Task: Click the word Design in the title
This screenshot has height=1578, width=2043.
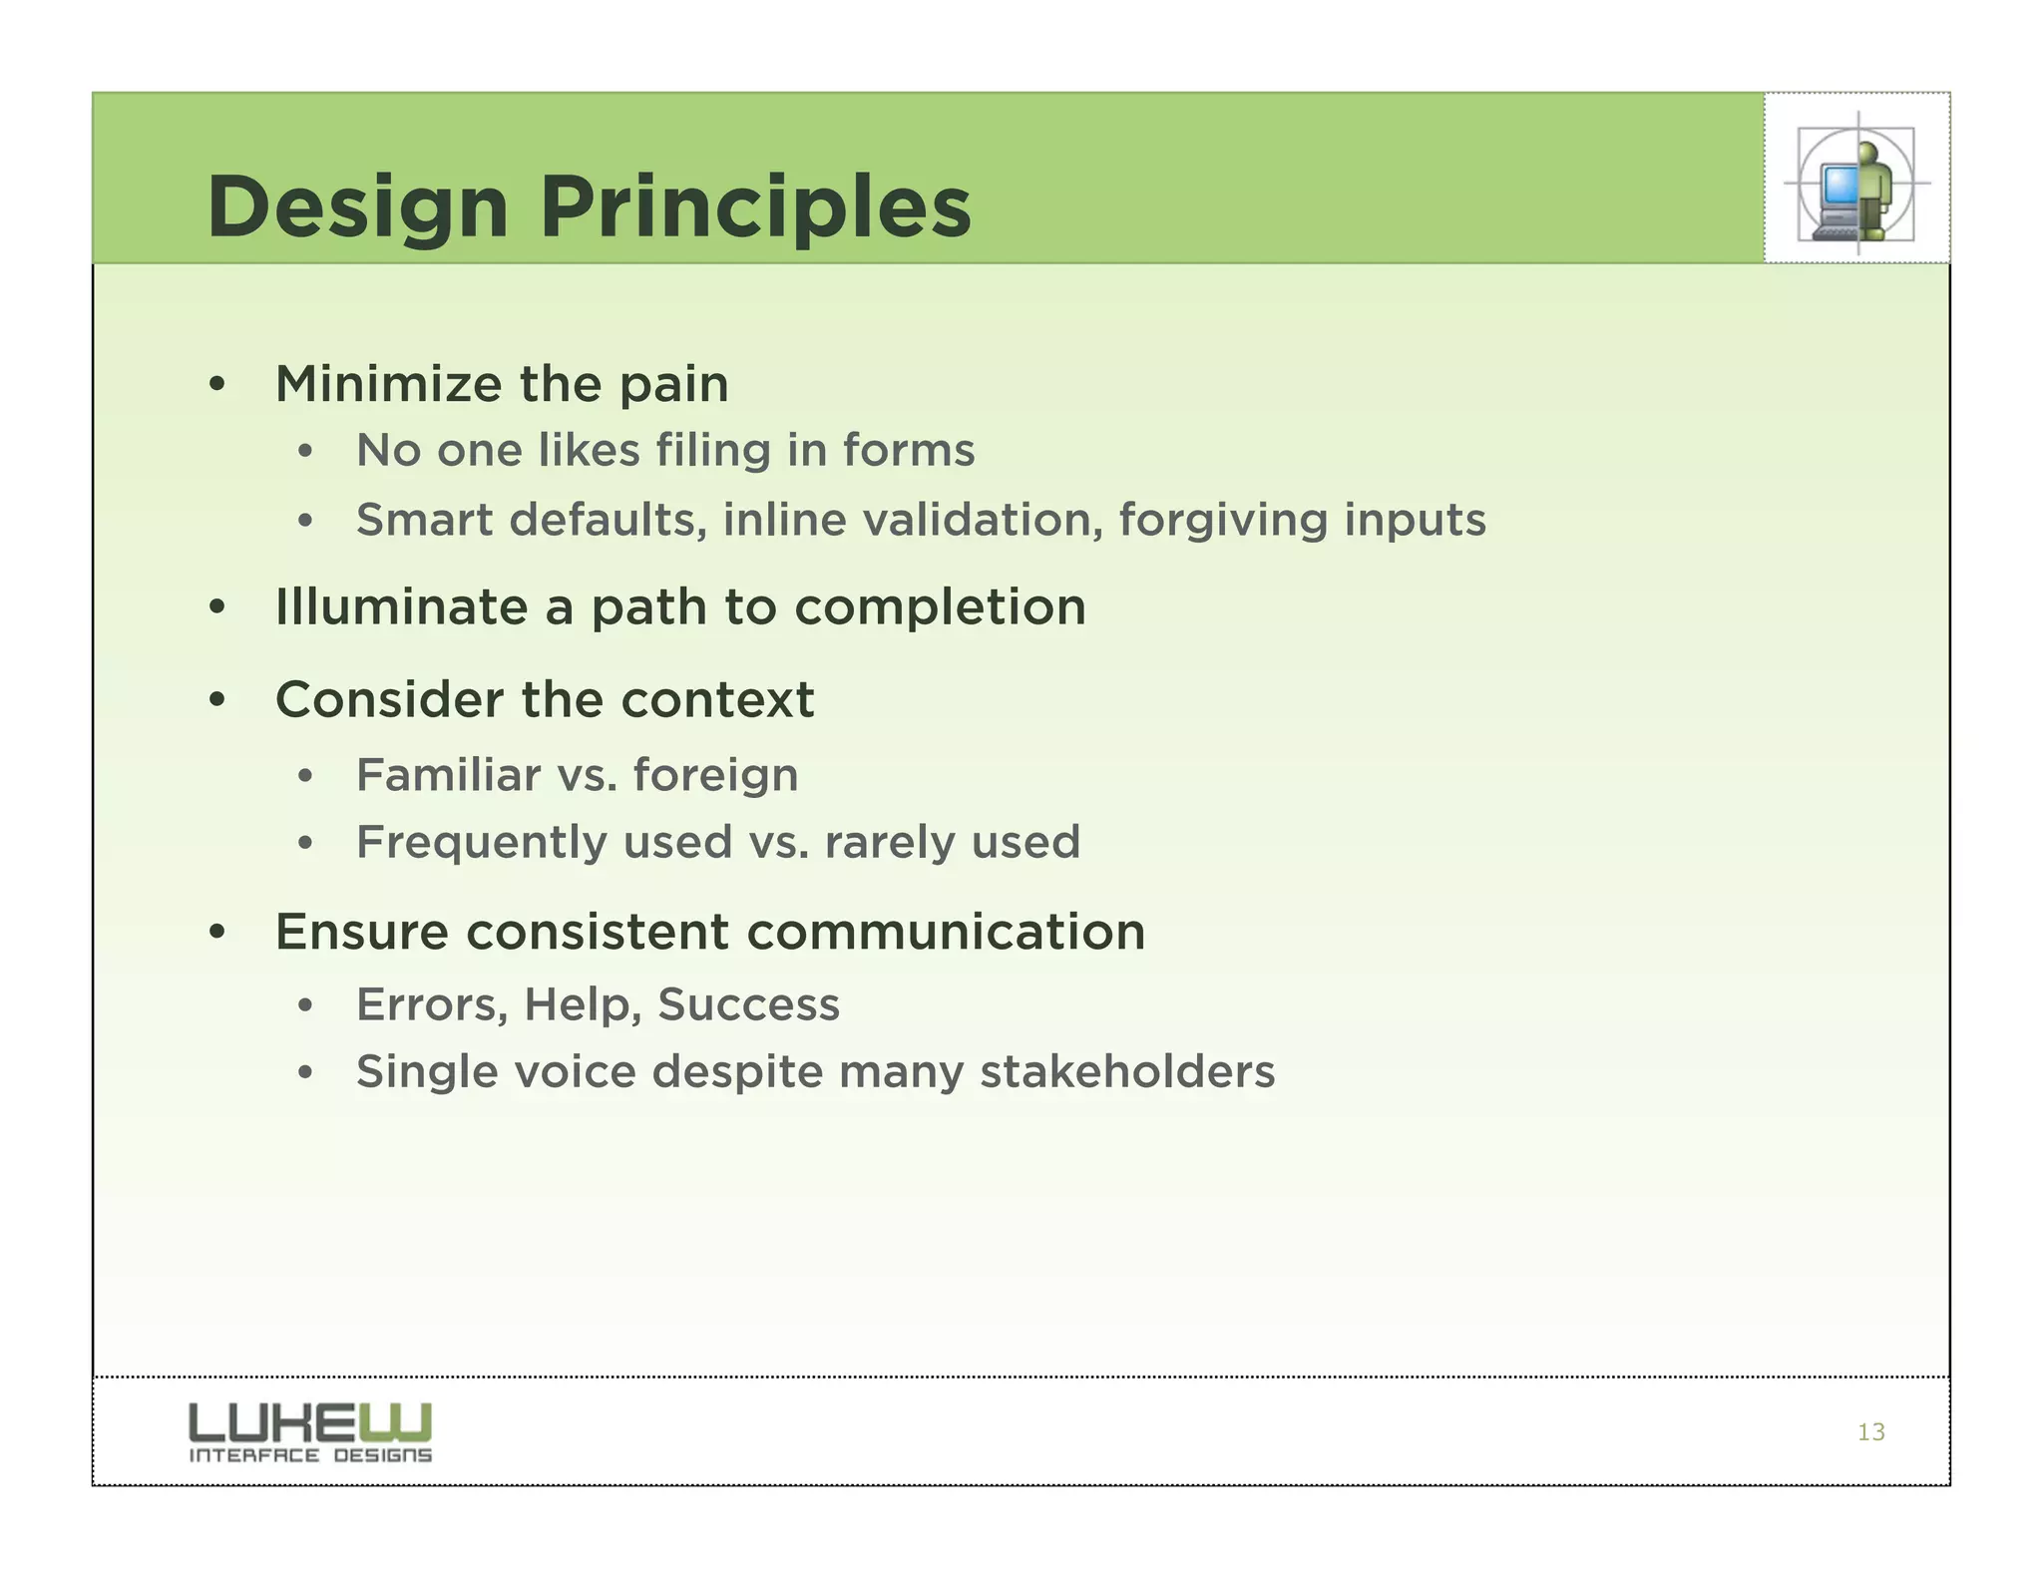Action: click(x=357, y=207)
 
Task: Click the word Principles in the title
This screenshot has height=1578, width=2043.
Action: click(x=755, y=207)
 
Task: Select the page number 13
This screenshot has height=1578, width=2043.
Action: click(x=1870, y=1432)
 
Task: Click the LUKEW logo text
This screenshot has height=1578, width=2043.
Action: click(x=310, y=1422)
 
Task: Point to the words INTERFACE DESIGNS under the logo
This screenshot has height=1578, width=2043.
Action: click(x=310, y=1456)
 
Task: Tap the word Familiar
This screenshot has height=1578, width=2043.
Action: click(x=448, y=775)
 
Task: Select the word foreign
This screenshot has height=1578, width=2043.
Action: click(x=715, y=776)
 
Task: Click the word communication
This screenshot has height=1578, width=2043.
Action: click(x=945, y=933)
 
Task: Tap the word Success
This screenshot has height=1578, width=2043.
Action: click(x=748, y=1004)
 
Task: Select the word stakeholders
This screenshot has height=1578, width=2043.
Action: click(x=1127, y=1072)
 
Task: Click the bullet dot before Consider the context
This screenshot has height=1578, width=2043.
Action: click(x=217, y=700)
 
